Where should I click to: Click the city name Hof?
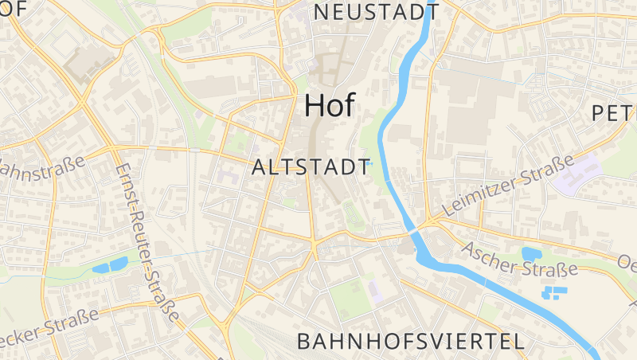330,106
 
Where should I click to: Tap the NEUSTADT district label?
376,12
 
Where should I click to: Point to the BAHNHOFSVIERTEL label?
410,342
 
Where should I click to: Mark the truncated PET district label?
614,114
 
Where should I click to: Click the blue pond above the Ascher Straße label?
531,254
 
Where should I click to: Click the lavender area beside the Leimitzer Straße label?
588,170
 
